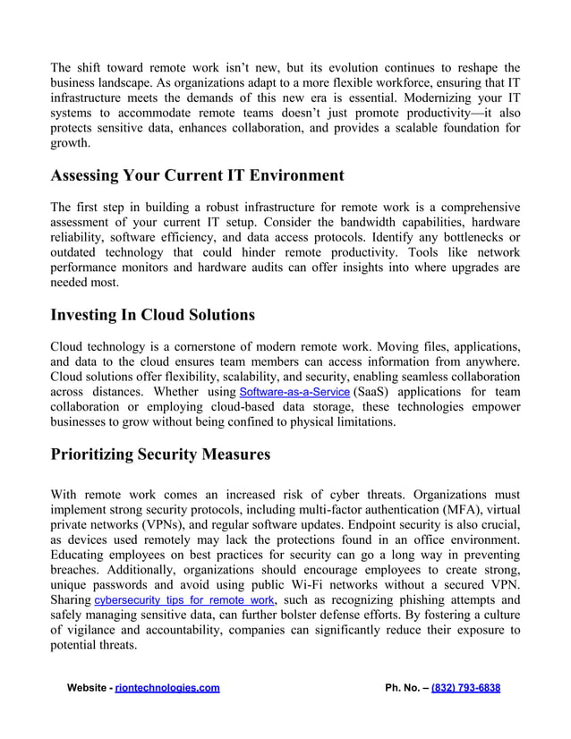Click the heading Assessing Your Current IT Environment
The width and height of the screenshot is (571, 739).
[197, 174]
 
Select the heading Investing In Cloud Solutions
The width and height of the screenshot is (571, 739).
[152, 315]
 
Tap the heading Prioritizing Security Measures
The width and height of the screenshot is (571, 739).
[160, 454]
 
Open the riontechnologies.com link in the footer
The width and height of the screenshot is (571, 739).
[167, 688]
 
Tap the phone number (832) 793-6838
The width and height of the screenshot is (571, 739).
[465, 688]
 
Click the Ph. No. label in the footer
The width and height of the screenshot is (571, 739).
[404, 688]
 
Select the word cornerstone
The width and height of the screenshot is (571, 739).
[203, 346]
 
